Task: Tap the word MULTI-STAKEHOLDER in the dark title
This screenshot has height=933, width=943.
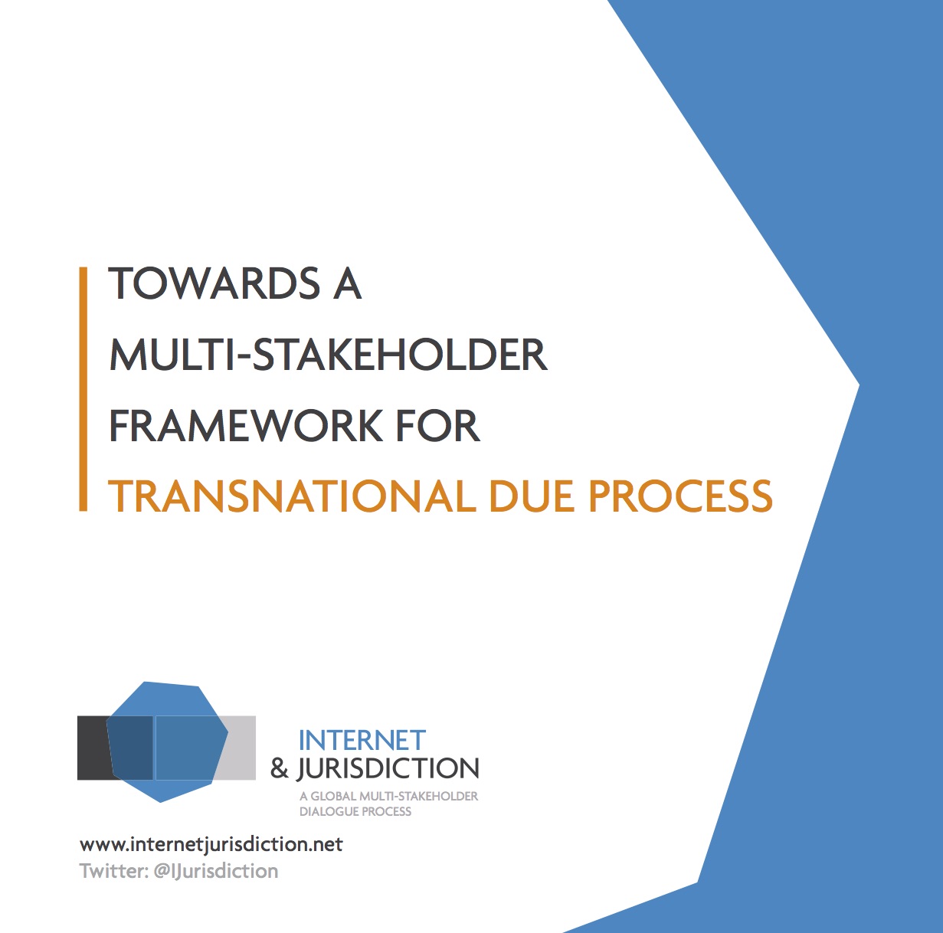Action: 328,354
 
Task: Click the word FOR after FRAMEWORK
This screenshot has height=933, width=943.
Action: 437,425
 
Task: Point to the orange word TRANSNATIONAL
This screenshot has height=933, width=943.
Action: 292,496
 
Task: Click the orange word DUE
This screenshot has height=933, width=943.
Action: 532,496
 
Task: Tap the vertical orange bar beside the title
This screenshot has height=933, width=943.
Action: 83,389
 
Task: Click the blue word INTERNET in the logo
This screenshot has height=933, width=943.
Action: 362,740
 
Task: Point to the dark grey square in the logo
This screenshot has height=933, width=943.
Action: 93,748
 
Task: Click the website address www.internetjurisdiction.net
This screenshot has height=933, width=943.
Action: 211,844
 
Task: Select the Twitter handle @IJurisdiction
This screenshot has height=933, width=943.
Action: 216,871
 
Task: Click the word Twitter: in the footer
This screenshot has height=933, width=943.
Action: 114,871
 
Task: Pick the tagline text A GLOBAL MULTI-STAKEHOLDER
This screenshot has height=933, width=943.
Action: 388,797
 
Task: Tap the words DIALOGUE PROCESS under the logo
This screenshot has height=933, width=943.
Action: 355,812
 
